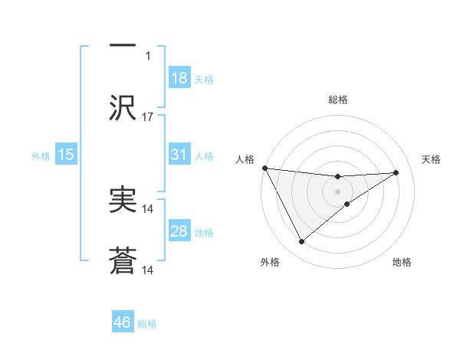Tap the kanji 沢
pos(123,107)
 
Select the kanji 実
pos(123,201)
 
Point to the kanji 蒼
pos(123,263)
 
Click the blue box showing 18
pos(179,78)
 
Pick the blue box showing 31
pos(179,155)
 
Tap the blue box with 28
pos(179,231)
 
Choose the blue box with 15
pos(66,155)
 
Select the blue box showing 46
pos(123,322)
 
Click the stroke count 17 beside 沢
pos(148,117)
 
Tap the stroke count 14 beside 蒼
pos(148,270)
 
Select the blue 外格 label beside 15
pos(41,155)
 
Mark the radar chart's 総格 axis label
pos(337,100)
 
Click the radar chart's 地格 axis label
pos(401,262)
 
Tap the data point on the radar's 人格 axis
pos(264,168)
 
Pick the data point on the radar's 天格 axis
pos(396,172)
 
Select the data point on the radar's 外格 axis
pos(301,242)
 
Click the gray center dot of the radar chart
pos(337,191)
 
